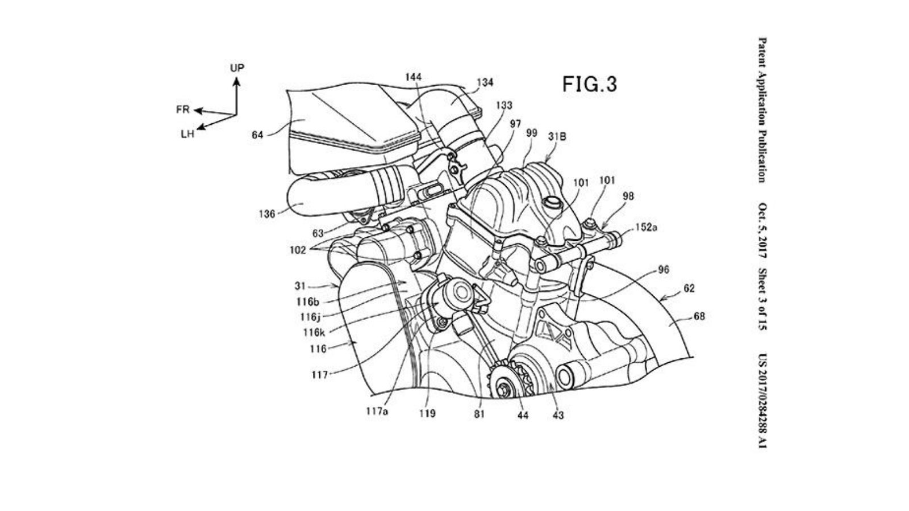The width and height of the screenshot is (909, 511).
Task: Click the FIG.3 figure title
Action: tap(589, 84)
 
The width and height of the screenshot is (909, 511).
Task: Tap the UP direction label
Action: tap(237, 68)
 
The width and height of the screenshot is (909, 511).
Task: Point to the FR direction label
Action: tap(182, 110)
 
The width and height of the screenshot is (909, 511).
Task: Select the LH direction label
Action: tap(187, 135)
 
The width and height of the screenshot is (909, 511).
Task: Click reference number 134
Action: tap(485, 83)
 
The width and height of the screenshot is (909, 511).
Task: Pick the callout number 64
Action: tap(257, 136)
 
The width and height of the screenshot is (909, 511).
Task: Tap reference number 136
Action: tap(266, 214)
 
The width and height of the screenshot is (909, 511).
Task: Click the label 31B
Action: tap(557, 136)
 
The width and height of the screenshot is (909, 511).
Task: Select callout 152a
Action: tap(646, 227)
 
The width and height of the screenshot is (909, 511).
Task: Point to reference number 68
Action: tap(699, 316)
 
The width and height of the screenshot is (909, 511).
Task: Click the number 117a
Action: tap(376, 412)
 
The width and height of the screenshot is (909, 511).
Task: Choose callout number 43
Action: tap(558, 415)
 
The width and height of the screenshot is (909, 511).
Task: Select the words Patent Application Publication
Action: tap(761, 110)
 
